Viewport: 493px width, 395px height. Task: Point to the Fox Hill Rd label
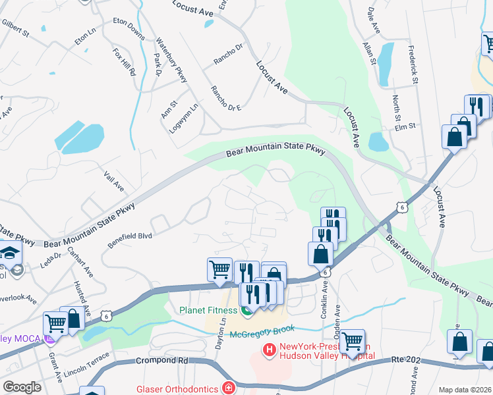pyautogui.click(x=124, y=61)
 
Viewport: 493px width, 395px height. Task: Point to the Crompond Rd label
pyautogui.click(x=163, y=361)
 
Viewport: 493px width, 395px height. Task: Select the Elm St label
pyautogui.click(x=405, y=126)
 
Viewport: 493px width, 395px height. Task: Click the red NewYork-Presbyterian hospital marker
pyautogui.click(x=269, y=351)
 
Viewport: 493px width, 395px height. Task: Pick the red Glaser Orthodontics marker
pyautogui.click(x=228, y=388)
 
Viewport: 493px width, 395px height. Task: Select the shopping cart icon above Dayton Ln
pyautogui.click(x=219, y=269)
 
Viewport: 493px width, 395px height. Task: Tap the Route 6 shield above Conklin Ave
pyautogui.click(x=326, y=271)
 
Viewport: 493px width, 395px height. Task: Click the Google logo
pyautogui.click(x=22, y=387)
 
